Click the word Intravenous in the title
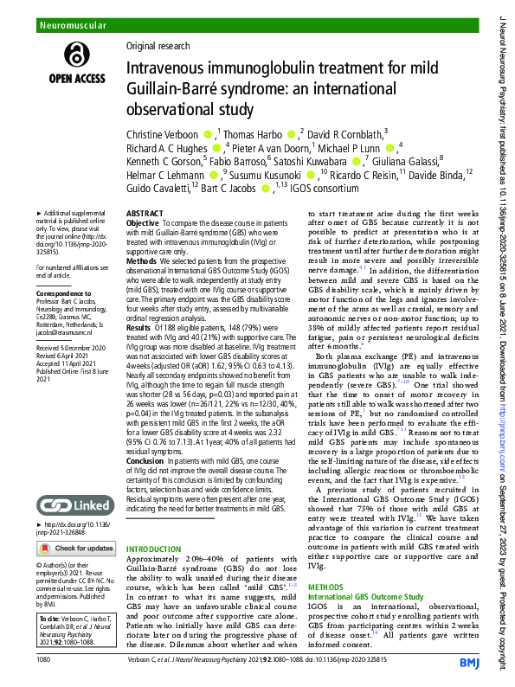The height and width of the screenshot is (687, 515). click(x=165, y=68)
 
